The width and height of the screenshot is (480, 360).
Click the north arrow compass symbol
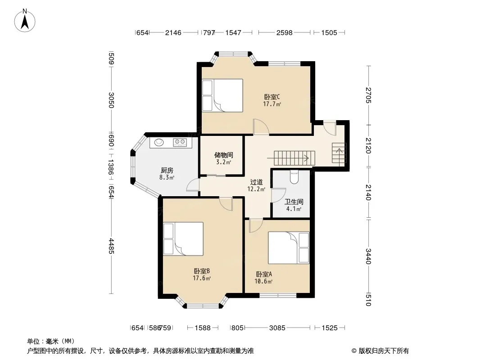(25, 20)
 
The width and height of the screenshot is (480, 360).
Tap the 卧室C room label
(272, 97)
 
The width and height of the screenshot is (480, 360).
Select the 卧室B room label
(202, 271)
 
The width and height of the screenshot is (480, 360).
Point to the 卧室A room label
(264, 274)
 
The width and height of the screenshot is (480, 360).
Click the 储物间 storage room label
(223, 155)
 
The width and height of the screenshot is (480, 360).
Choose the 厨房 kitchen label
(167, 171)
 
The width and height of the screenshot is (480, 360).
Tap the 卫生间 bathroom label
(294, 202)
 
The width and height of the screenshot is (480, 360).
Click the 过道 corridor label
(256, 182)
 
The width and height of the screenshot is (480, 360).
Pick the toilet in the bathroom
(294, 177)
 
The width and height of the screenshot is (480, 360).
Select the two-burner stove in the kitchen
(180, 142)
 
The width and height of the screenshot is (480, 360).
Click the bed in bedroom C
(222, 95)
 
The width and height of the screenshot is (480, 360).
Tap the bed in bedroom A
(289, 248)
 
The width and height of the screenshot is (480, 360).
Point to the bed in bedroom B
(183, 238)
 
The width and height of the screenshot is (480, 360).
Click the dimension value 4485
(111, 246)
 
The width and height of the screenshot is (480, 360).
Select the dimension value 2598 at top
(285, 32)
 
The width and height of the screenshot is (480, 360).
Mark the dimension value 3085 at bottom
(277, 328)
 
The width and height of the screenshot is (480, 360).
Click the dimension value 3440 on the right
(368, 256)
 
